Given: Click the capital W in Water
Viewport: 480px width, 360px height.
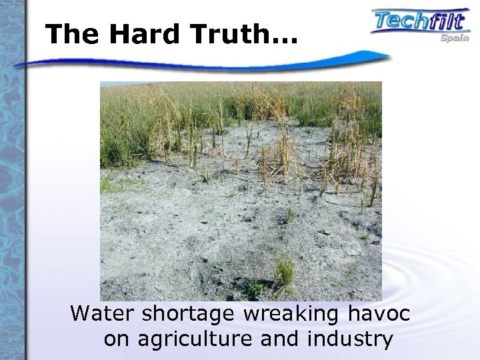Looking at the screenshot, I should [x=81, y=312].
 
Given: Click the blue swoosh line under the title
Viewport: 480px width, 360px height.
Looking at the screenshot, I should [x=200, y=63].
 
